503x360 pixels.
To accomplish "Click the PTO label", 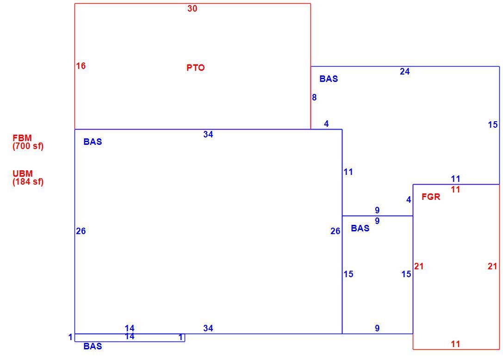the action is pos(195,68).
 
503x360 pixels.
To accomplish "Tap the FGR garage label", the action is pos(430,197).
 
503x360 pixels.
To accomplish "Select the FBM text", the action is pos(22,138).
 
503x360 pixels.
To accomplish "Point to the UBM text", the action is pos(23,174).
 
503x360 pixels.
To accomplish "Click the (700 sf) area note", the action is pos(28,146).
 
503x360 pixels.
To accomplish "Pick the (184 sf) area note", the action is pos(28,181).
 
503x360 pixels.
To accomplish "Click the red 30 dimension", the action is pos(192,9).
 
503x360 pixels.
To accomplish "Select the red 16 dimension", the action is pos(81,66).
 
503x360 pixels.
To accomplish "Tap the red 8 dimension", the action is pos(314,97).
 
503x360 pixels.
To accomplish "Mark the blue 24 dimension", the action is pos(404,72).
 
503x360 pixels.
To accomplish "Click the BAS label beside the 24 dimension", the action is pos(329,79).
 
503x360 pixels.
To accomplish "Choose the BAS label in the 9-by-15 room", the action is pos(360,228).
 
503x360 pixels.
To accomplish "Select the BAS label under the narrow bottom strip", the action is pos(93,346).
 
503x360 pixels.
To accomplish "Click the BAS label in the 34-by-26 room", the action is pos(93,142).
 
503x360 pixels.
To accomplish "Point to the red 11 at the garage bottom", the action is pos(455,344).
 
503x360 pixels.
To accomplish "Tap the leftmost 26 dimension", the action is pos(81,231).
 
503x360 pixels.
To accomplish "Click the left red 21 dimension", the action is pos(419,267).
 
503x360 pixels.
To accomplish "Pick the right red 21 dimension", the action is pos(492,267).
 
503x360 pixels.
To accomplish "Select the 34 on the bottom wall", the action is pos(208,328).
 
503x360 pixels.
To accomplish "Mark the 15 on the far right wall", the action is pos(493,125).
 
